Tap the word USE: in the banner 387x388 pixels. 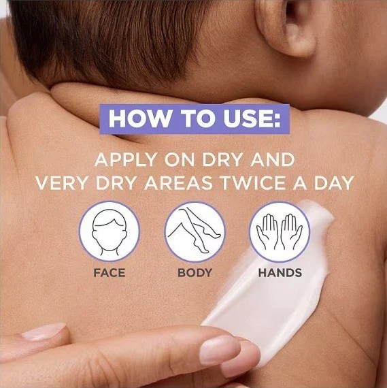pos(253,118)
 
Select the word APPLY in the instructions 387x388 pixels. pos(126,160)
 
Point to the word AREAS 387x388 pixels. pos(178,183)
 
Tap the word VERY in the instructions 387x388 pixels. pos(61,183)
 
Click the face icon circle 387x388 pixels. pos(110,231)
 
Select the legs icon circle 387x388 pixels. pos(195,231)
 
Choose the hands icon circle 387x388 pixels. pos(280,231)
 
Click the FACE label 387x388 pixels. pos(110,273)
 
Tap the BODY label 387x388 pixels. pos(195,273)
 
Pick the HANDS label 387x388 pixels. pos(280,273)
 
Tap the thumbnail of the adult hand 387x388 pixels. pos(44,332)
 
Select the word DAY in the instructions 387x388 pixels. pos(334,183)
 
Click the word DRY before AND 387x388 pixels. pos(222,160)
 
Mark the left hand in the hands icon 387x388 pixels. pos(267,231)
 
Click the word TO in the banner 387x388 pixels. pos(195,118)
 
